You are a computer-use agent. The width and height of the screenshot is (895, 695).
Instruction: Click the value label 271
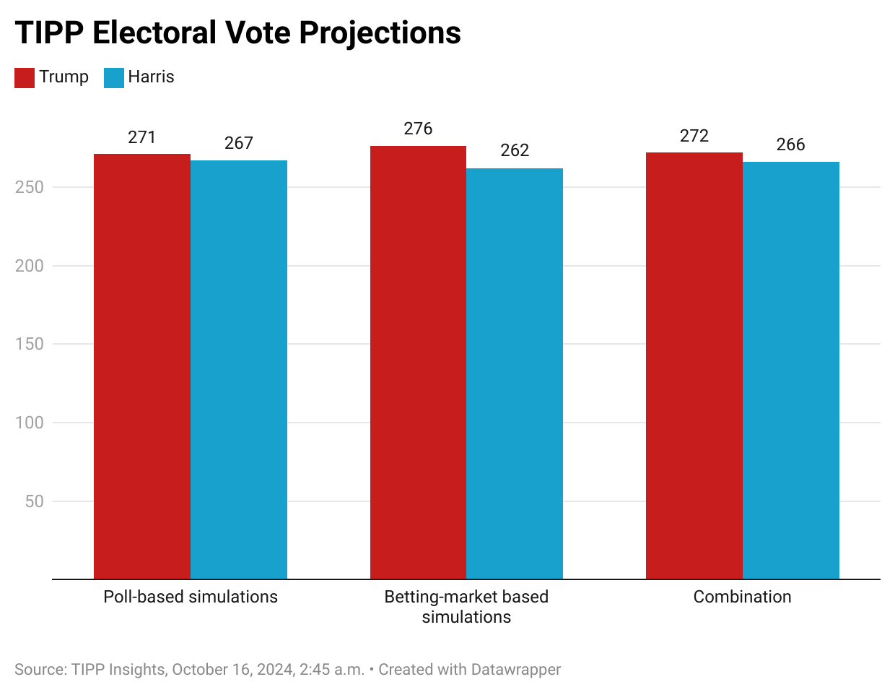coord(142,137)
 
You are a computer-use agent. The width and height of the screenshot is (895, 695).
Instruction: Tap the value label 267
coord(239,143)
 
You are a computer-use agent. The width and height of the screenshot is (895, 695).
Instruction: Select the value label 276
coord(418,129)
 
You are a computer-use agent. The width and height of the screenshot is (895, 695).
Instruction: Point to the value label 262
coord(515,150)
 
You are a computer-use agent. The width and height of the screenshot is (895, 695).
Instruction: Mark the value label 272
coord(694,136)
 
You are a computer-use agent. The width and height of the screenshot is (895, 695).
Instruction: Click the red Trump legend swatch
coord(25,77)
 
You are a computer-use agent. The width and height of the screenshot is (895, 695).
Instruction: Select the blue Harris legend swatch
coord(114,77)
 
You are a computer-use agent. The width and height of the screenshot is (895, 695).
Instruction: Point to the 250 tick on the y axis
coord(30,187)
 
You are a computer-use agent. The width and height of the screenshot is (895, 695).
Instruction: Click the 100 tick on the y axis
coord(30,423)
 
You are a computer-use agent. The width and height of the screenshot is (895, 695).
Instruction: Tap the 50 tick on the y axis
coord(35,501)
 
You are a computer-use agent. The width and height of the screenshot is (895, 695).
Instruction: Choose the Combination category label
coord(742,597)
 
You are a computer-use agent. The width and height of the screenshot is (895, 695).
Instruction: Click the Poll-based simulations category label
coord(191,597)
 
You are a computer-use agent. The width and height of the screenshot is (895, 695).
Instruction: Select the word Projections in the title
coord(380,33)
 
